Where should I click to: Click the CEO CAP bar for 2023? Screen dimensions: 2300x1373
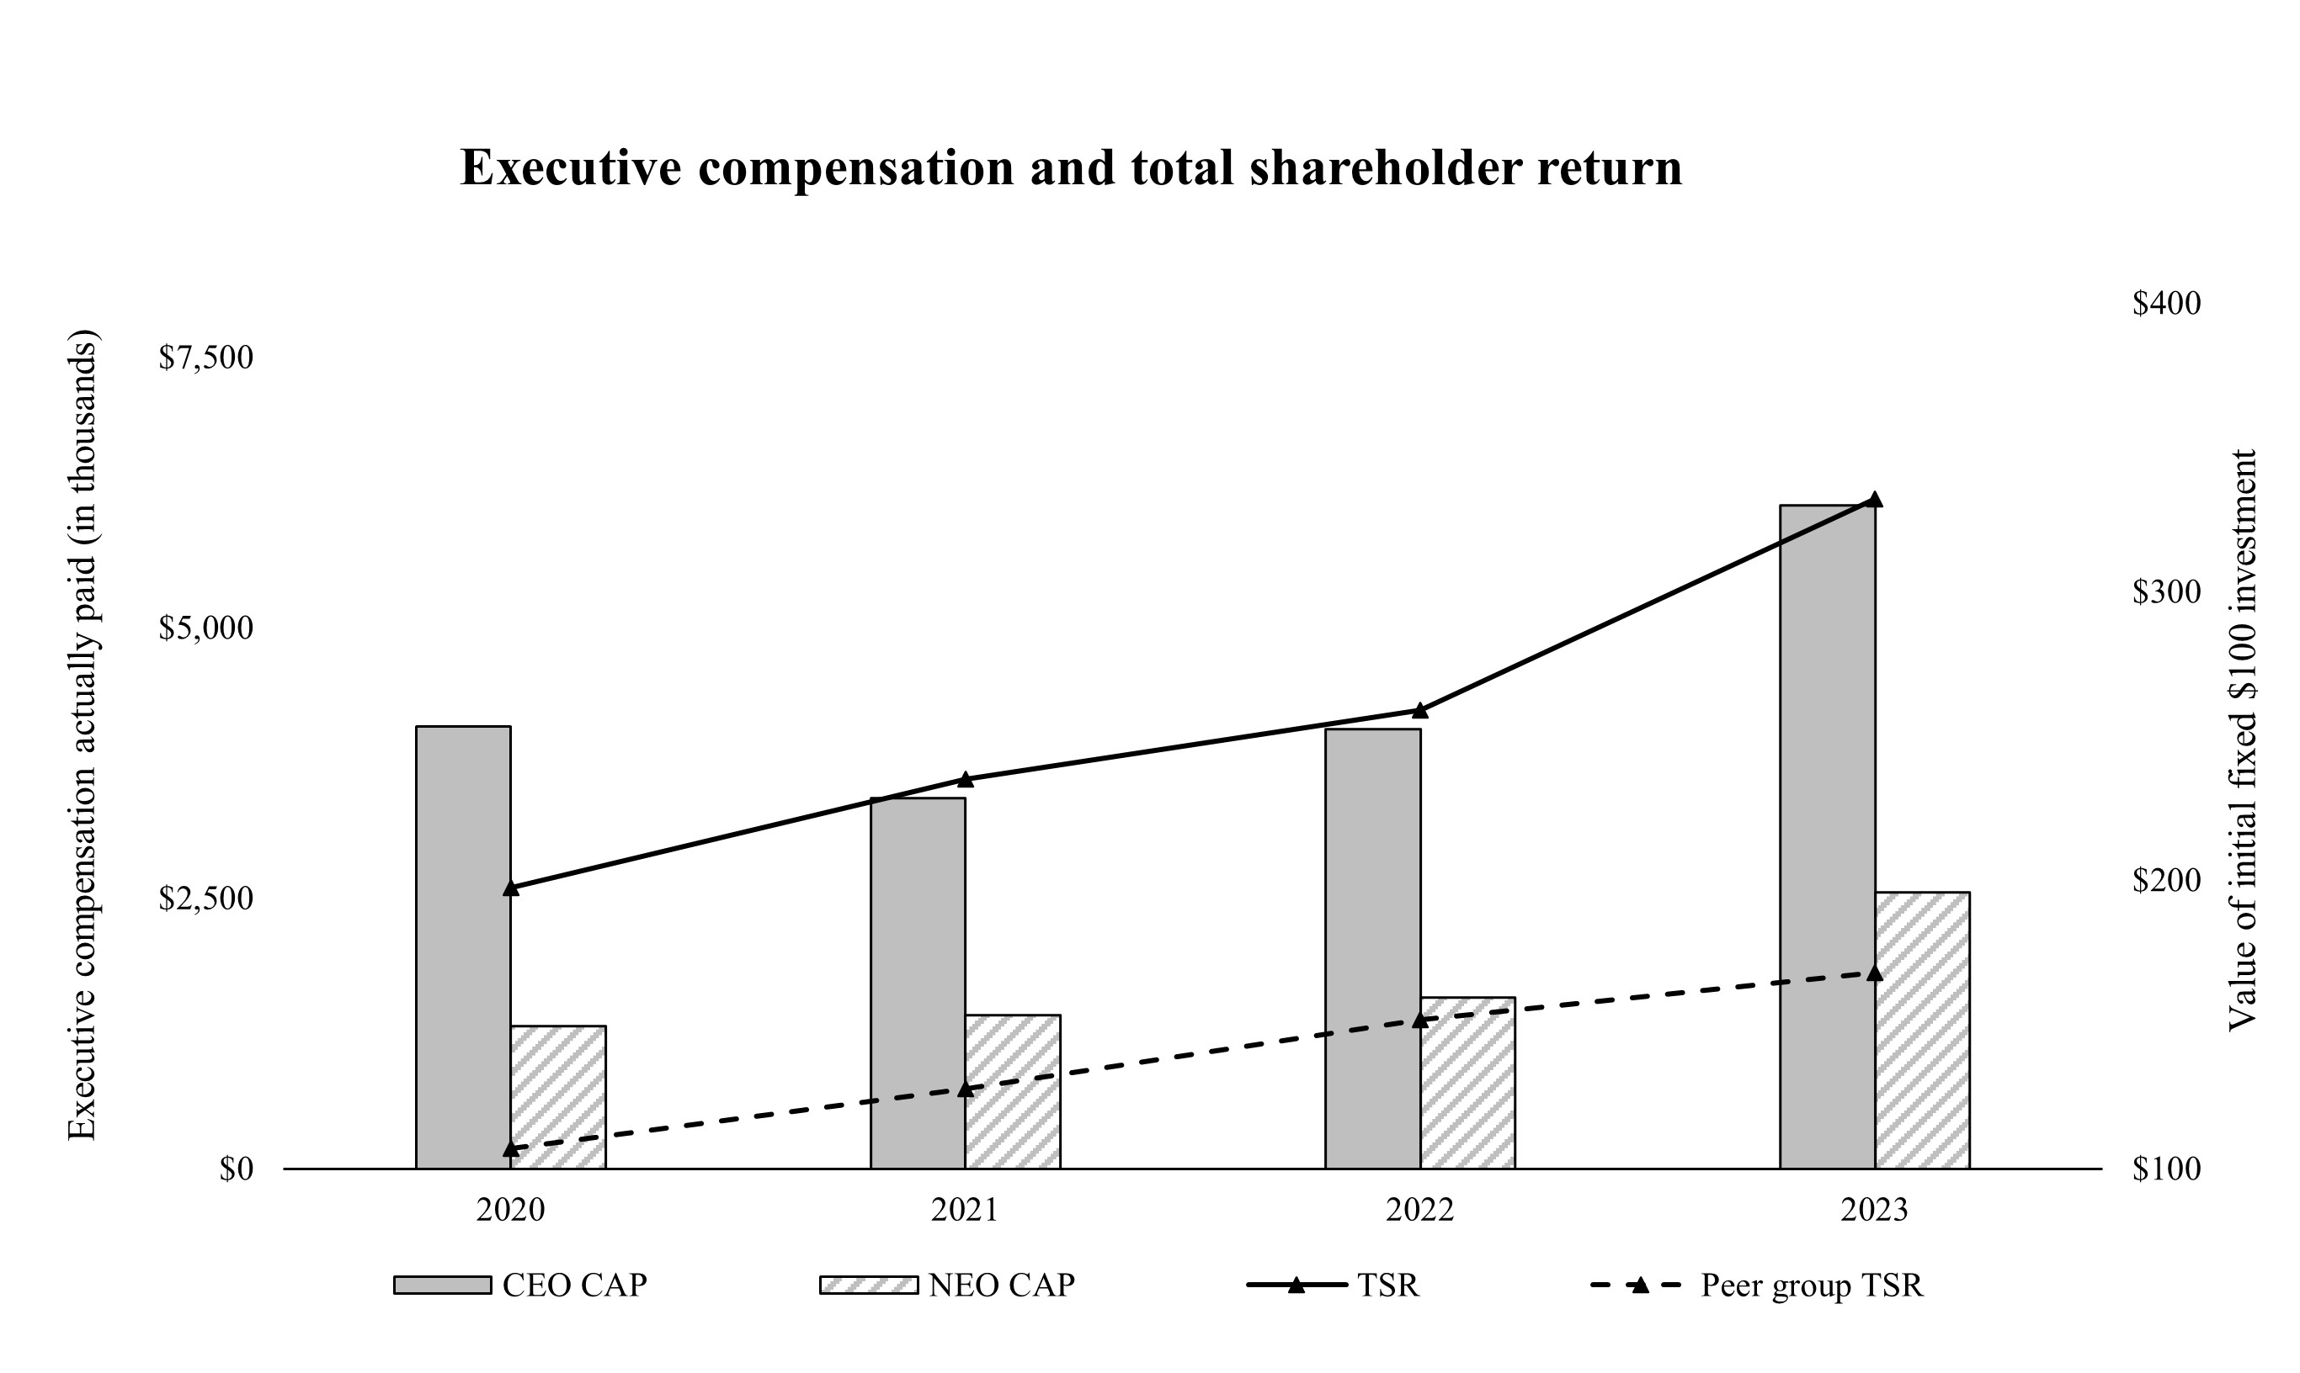pos(1827,836)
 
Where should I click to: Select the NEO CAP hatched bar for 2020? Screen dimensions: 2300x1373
pos(558,1097)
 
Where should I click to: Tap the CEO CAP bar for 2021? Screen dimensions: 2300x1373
pos(918,983)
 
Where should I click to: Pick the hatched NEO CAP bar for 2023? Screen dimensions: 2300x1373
pos(1922,1031)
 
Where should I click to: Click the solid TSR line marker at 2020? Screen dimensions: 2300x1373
pos(511,888)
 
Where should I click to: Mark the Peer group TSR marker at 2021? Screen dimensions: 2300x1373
pos(966,1089)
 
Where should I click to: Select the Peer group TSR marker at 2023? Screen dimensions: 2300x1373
pos(1875,973)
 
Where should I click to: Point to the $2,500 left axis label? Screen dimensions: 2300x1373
pos(205,899)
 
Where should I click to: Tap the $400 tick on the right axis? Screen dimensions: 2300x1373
pos(2167,304)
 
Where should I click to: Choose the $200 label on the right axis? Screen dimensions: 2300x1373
pos(2167,880)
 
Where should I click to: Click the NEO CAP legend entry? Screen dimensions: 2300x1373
pos(948,1286)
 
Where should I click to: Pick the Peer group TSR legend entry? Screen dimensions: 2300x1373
pos(1757,1286)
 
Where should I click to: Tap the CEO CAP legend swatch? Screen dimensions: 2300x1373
pos(443,1286)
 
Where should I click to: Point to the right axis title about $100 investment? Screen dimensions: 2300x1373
pos(2243,740)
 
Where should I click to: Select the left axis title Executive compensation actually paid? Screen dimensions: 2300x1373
pos(82,735)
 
